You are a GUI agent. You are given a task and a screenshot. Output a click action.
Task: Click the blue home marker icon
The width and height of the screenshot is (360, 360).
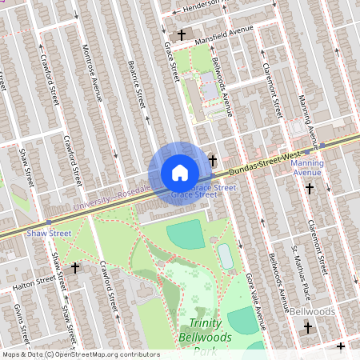click(179, 173)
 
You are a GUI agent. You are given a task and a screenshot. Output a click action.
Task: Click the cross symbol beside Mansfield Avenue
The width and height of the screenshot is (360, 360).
click(182, 35)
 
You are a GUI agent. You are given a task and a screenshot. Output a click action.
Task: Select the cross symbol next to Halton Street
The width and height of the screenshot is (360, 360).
click(75, 269)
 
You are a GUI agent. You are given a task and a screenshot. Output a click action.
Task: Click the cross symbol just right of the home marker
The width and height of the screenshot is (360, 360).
click(213, 160)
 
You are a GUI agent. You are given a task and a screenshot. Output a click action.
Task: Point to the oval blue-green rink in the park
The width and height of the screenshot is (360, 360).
click(226, 257)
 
